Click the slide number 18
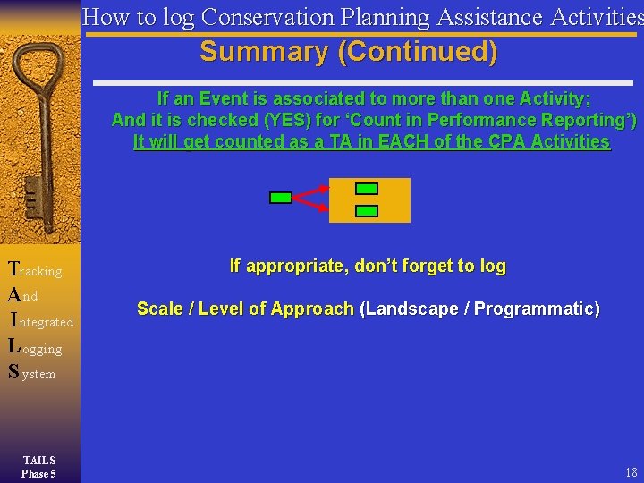pyautogui.click(x=631, y=472)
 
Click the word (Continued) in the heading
pyautogui.click(x=417, y=52)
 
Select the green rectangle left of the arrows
pyautogui.click(x=281, y=198)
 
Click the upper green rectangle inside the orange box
pyautogui.click(x=367, y=189)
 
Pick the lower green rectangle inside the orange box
pyautogui.click(x=367, y=211)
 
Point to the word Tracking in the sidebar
pyautogui.click(x=35, y=269)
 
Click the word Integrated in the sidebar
pyautogui.click(x=42, y=320)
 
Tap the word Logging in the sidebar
pyautogui.click(x=35, y=347)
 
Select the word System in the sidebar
pyautogui.click(x=32, y=372)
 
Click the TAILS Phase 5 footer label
pyautogui.click(x=39, y=467)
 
